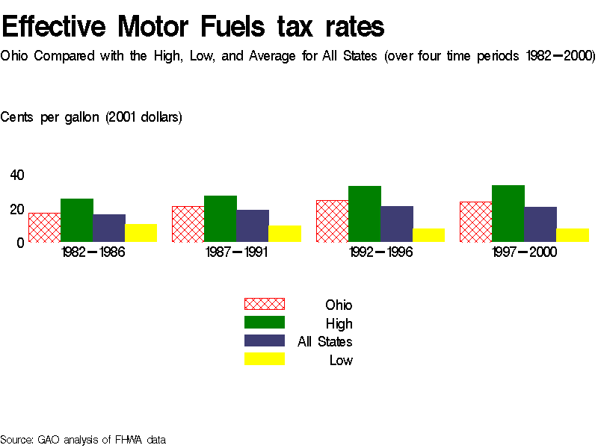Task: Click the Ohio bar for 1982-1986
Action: click(44, 227)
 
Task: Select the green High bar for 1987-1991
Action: click(220, 219)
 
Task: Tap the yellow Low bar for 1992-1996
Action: click(428, 235)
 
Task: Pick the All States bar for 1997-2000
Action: click(540, 224)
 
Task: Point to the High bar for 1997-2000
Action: click(508, 214)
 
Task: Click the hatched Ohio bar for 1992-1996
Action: click(332, 221)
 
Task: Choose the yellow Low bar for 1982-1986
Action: click(141, 233)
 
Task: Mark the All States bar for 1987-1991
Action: click(253, 225)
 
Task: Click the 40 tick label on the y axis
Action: click(17, 175)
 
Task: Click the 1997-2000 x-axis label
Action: click(524, 252)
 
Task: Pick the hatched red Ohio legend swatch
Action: click(265, 304)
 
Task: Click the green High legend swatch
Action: click(265, 323)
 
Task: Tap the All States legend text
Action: click(324, 342)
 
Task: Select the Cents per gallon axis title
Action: click(91, 117)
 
